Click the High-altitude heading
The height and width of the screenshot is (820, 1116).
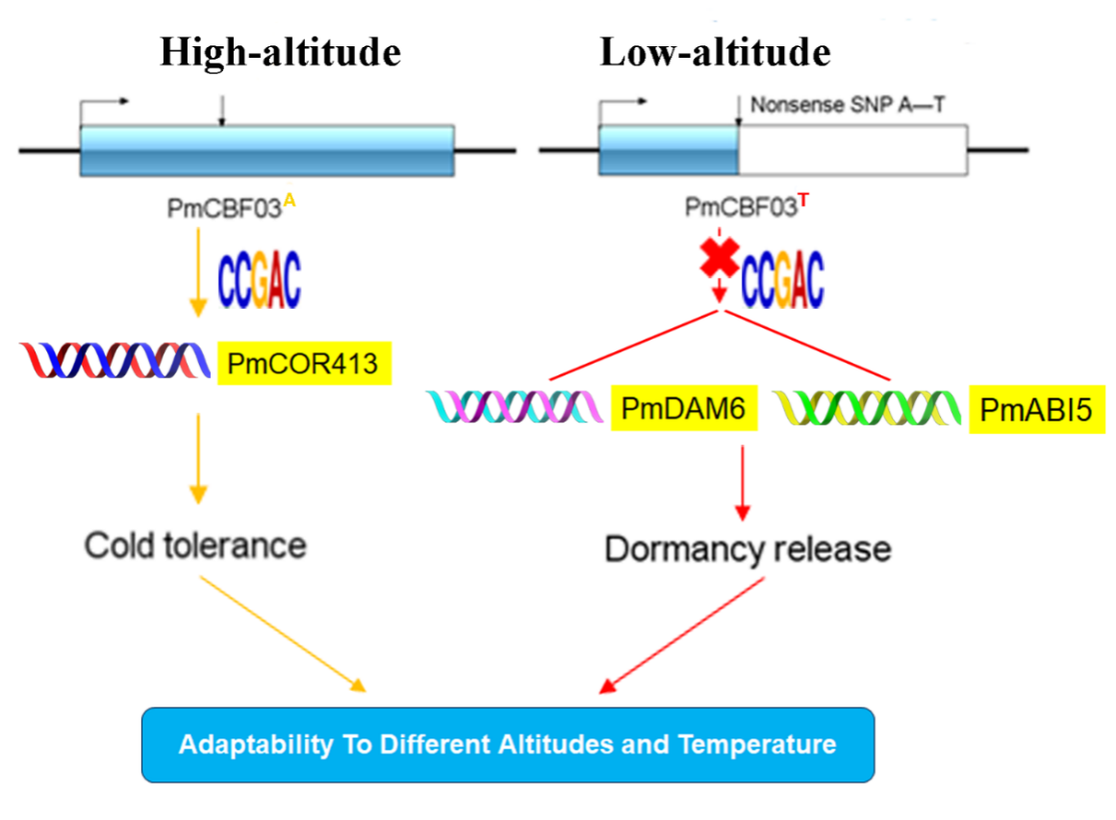point(280,52)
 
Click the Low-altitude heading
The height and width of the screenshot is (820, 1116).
point(715,52)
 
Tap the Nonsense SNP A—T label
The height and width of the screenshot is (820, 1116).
point(847,103)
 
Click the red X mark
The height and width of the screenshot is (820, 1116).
point(719,258)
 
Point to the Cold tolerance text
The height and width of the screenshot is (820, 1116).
point(195,546)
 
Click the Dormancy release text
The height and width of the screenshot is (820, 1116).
point(748,550)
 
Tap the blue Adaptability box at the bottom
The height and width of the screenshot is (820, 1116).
point(508,744)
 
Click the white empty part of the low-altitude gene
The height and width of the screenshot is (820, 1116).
point(851,150)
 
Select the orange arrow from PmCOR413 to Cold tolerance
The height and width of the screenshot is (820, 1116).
point(197,457)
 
